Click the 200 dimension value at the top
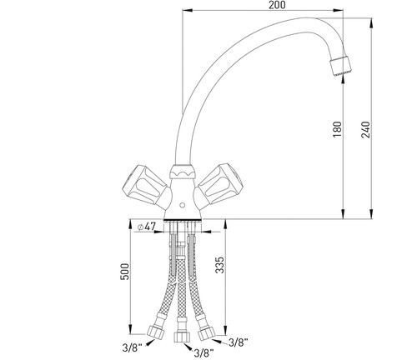click(277, 5)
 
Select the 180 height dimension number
click(337, 129)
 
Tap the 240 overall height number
click(366, 130)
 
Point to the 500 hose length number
click(125, 272)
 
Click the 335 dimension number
click(219, 265)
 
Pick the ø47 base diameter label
click(146, 227)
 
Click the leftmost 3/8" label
click(132, 347)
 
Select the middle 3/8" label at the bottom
click(203, 353)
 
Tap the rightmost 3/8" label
click(239, 342)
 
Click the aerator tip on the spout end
click(340, 65)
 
